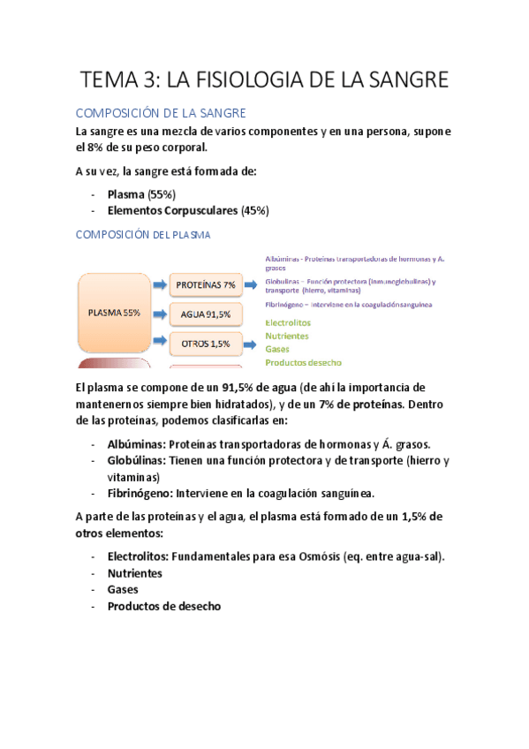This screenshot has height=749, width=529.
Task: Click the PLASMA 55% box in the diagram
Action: pos(114,313)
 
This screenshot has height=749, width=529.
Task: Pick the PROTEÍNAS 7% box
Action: pos(205,285)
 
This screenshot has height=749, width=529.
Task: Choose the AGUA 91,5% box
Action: pos(205,314)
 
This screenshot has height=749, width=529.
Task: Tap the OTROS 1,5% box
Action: pos(205,343)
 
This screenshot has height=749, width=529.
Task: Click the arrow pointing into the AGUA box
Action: pos(159,314)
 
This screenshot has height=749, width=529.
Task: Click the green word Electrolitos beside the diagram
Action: pos(287,323)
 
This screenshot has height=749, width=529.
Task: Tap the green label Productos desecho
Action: pos(303,362)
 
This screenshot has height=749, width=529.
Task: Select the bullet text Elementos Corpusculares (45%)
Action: pos(188,211)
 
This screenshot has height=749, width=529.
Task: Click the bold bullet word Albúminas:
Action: pos(136,443)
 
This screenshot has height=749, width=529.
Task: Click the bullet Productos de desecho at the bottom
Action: pos(163,607)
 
